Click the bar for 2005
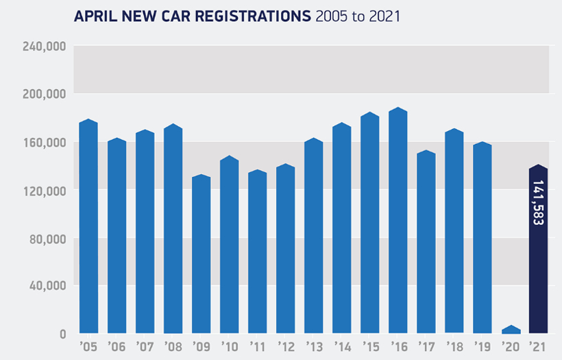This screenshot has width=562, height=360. click(88, 226)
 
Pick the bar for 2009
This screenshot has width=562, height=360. click(201, 254)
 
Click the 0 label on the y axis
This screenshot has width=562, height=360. click(62, 335)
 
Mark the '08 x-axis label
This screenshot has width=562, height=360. click(173, 346)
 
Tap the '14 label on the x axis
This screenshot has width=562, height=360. click(341, 346)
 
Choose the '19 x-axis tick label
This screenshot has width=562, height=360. click(482, 346)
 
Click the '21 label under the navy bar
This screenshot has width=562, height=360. click(538, 346)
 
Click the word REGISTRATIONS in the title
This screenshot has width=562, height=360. click(251, 15)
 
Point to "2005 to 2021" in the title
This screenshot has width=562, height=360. click(358, 15)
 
